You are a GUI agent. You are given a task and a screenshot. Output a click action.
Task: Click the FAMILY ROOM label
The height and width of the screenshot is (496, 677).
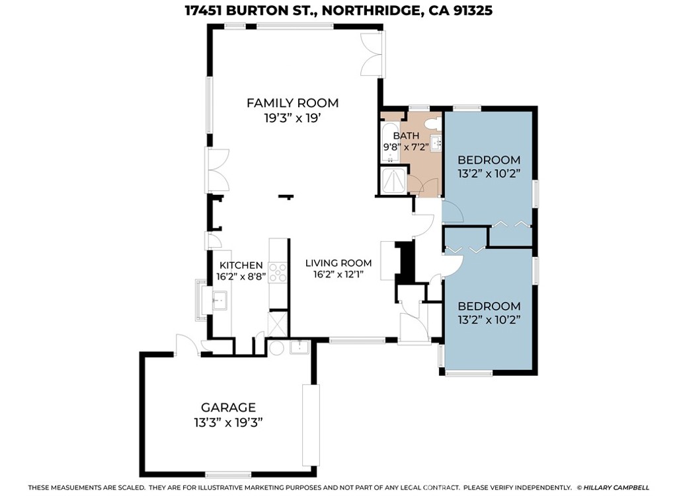click(x=292, y=103)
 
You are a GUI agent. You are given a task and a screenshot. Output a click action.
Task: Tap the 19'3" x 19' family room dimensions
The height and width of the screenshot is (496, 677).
click(x=292, y=118)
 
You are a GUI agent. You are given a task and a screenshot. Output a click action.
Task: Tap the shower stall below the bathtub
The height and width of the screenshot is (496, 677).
click(x=393, y=180)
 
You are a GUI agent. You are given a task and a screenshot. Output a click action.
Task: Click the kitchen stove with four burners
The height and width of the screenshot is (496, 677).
click(x=278, y=272)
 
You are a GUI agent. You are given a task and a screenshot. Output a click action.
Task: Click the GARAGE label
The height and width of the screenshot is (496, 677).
click(x=228, y=407)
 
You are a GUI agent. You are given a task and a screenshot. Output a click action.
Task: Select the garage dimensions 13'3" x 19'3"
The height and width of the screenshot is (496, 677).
click(x=228, y=423)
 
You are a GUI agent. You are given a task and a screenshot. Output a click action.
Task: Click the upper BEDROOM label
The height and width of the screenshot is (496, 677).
click(x=489, y=160)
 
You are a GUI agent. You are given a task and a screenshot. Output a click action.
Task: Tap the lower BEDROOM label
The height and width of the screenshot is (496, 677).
click(x=489, y=306)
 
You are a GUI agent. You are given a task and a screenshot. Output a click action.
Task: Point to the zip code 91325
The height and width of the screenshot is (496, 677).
click(x=468, y=11)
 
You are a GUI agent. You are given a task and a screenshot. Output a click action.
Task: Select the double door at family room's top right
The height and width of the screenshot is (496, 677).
click(x=372, y=53)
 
